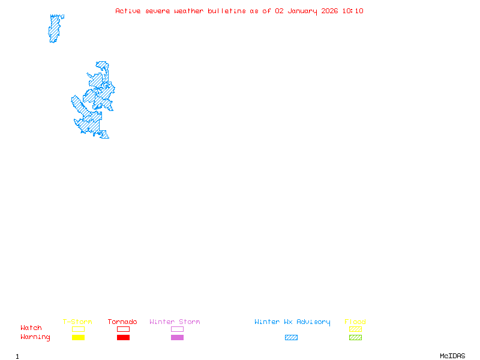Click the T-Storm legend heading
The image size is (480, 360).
[77, 322]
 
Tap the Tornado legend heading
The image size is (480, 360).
[122, 322]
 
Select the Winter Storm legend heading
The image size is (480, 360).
[175, 322]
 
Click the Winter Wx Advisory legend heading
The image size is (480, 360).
[292, 322]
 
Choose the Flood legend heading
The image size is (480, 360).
[355, 322]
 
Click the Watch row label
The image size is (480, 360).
[31, 328]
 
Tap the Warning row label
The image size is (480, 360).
[35, 337]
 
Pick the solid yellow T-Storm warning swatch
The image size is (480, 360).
[78, 338]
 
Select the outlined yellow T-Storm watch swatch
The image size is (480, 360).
[78, 329]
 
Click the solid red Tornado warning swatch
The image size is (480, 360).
[123, 338]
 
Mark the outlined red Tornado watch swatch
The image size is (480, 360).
[123, 329]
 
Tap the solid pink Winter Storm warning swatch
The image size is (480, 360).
[177, 338]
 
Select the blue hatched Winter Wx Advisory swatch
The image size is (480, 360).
[291, 338]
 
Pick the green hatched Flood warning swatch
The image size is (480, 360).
[355, 338]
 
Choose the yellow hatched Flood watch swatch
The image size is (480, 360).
[355, 329]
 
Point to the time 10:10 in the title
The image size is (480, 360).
[354, 11]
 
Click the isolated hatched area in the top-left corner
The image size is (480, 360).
[55, 28]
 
